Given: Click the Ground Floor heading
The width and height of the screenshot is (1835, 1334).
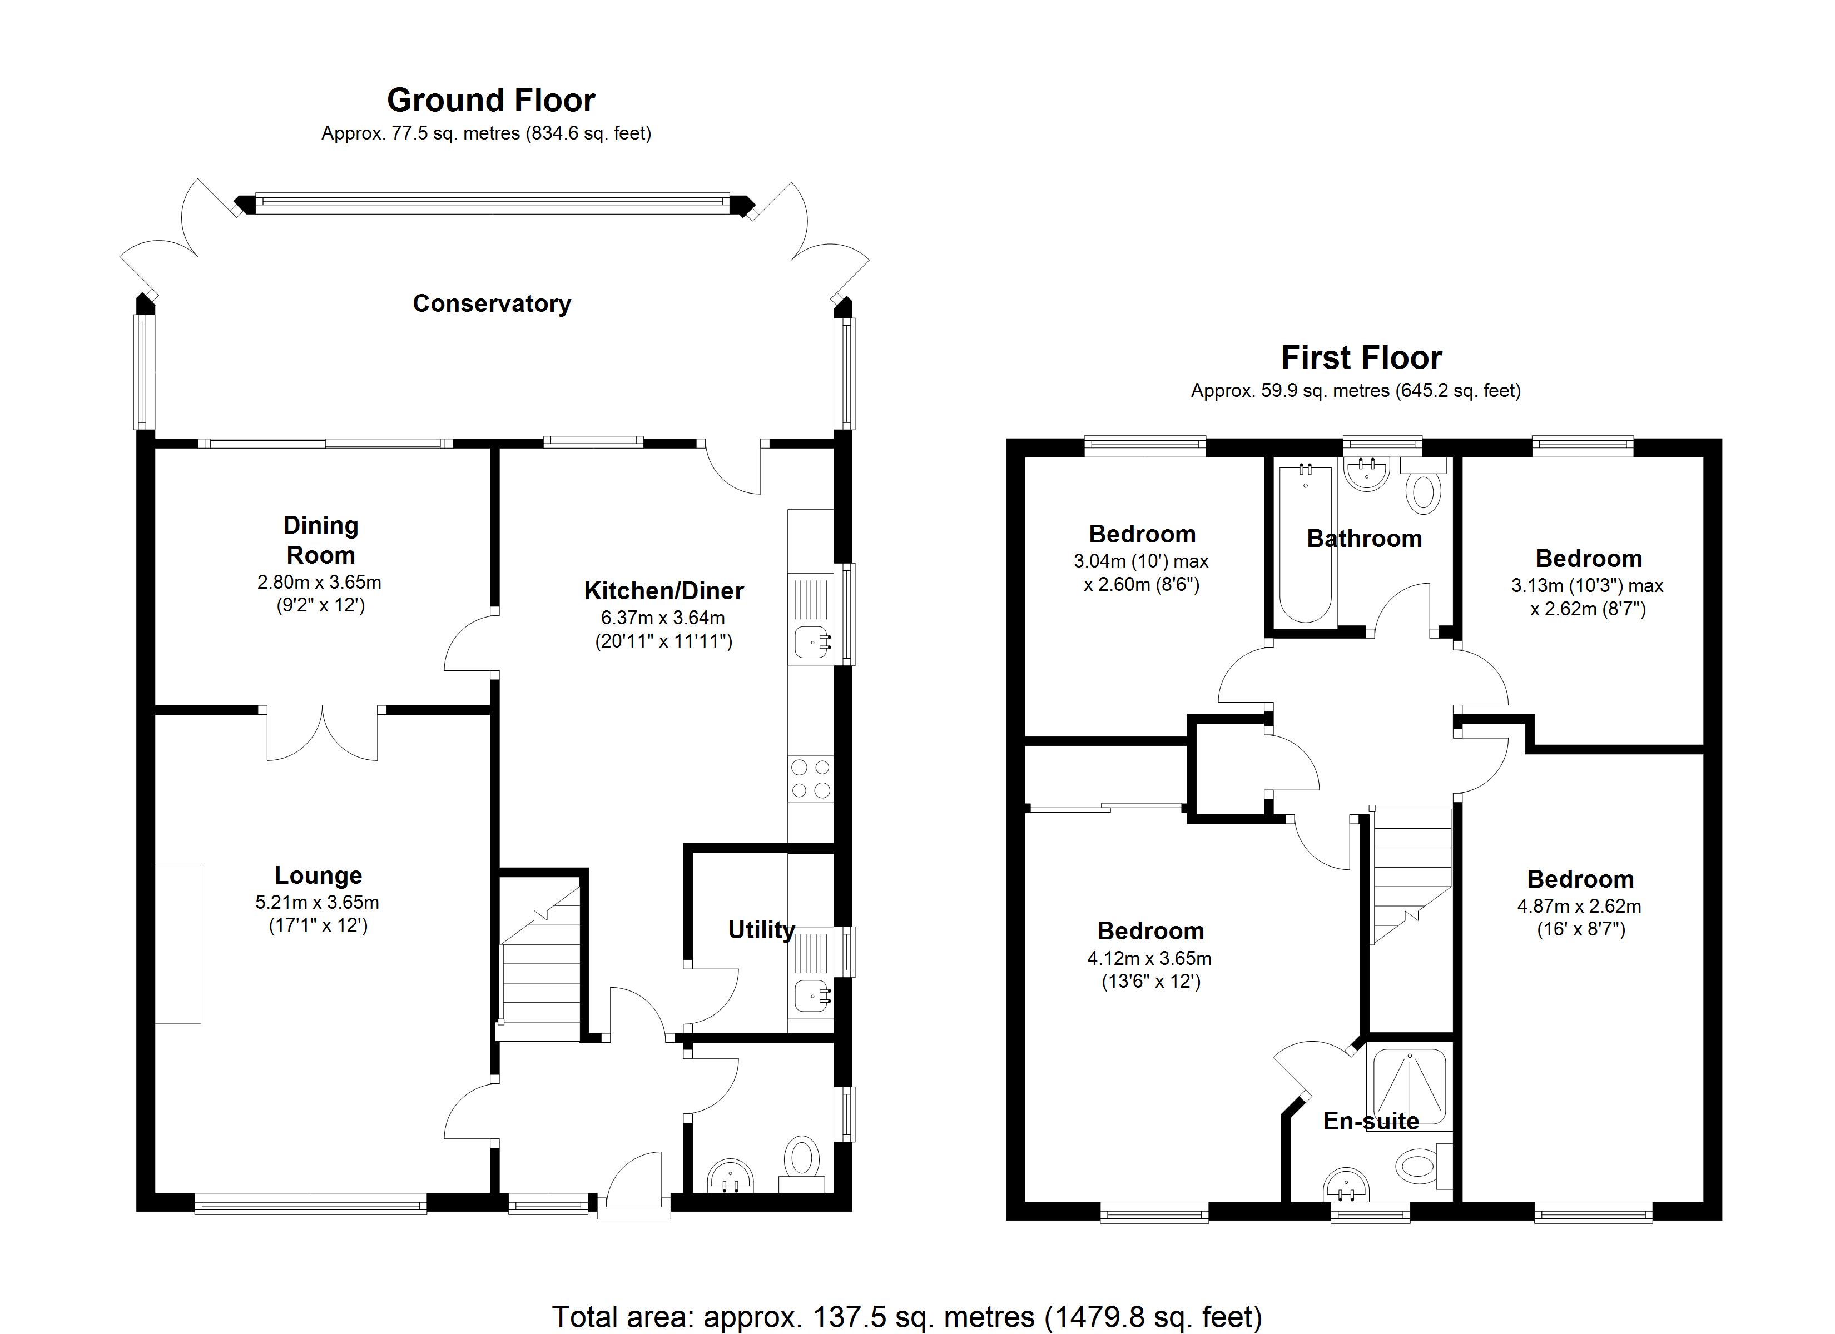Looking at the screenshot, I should pos(490,100).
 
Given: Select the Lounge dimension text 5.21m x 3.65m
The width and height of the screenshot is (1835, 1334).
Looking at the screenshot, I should pos(317,902).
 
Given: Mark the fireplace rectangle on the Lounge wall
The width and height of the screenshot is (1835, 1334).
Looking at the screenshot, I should pos(178,944).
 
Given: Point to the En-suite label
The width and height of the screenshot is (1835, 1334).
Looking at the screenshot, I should pos(1371,1121).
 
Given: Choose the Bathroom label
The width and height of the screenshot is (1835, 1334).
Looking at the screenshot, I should pos(1364,539).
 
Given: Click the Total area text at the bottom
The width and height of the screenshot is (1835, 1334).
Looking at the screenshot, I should pos(906,1317).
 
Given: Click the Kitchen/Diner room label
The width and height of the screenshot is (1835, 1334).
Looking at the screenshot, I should pos(663,590).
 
